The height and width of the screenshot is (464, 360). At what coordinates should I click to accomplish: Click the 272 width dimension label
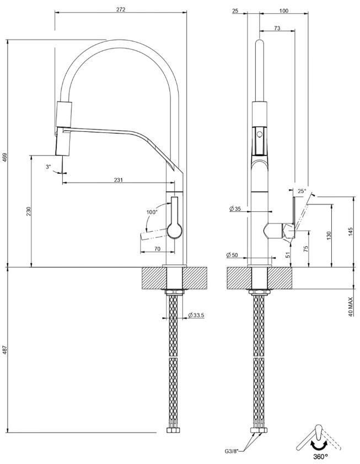point(121,9)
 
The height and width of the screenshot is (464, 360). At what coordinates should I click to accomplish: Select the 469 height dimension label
point(5,157)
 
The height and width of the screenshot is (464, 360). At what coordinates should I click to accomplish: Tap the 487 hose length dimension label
point(5,350)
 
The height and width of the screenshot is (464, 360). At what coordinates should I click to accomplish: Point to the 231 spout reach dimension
point(119,180)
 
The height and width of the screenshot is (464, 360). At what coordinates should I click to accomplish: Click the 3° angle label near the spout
point(49,167)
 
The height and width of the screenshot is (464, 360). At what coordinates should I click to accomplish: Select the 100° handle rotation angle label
point(152,212)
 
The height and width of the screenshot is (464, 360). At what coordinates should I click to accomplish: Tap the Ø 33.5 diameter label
point(196,315)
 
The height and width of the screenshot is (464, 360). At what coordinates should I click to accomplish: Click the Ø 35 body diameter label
point(235,209)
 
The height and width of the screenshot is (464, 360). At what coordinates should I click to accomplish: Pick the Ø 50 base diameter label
point(232,255)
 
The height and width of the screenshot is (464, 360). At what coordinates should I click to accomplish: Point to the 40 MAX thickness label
point(351,307)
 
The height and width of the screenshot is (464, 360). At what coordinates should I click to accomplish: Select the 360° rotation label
point(320,457)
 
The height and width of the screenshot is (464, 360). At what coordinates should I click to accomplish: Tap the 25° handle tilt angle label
point(302,191)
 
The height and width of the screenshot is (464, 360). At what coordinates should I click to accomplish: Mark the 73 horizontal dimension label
point(277,28)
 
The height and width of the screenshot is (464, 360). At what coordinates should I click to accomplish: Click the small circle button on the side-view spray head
point(260,135)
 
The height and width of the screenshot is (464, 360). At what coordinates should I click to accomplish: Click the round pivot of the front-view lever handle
point(175,231)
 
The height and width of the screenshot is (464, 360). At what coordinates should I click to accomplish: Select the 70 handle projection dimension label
point(157,249)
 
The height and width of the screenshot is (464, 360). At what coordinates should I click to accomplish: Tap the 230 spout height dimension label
point(29,211)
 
